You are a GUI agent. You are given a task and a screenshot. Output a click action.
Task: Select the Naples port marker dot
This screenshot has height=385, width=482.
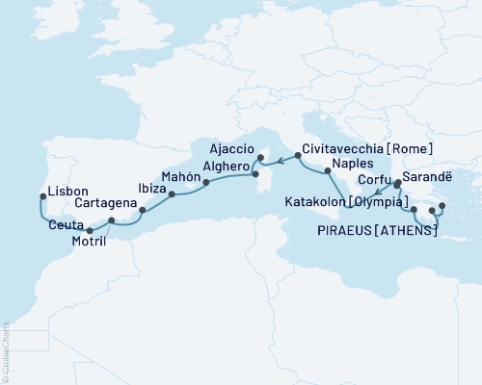click(x=329, y=171)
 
